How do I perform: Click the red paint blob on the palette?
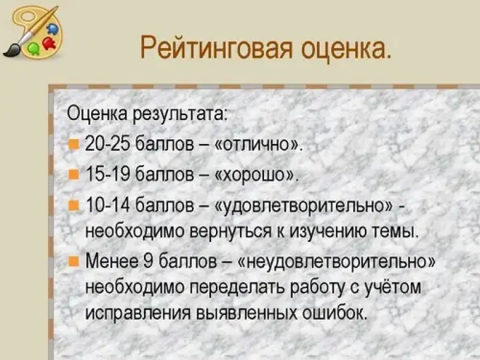[50, 43]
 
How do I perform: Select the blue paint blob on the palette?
[53, 29]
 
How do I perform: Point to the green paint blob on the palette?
[34, 49]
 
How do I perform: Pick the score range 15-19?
[108, 174]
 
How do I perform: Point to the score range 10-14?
[108, 204]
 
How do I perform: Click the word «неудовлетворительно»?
[336, 262]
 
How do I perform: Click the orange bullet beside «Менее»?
[73, 262]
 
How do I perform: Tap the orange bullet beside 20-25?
[73, 143]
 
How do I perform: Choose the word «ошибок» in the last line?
[334, 312]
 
